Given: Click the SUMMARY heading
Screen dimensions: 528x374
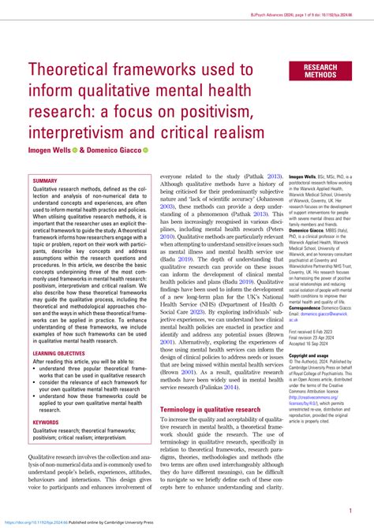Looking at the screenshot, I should click(x=45, y=180).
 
